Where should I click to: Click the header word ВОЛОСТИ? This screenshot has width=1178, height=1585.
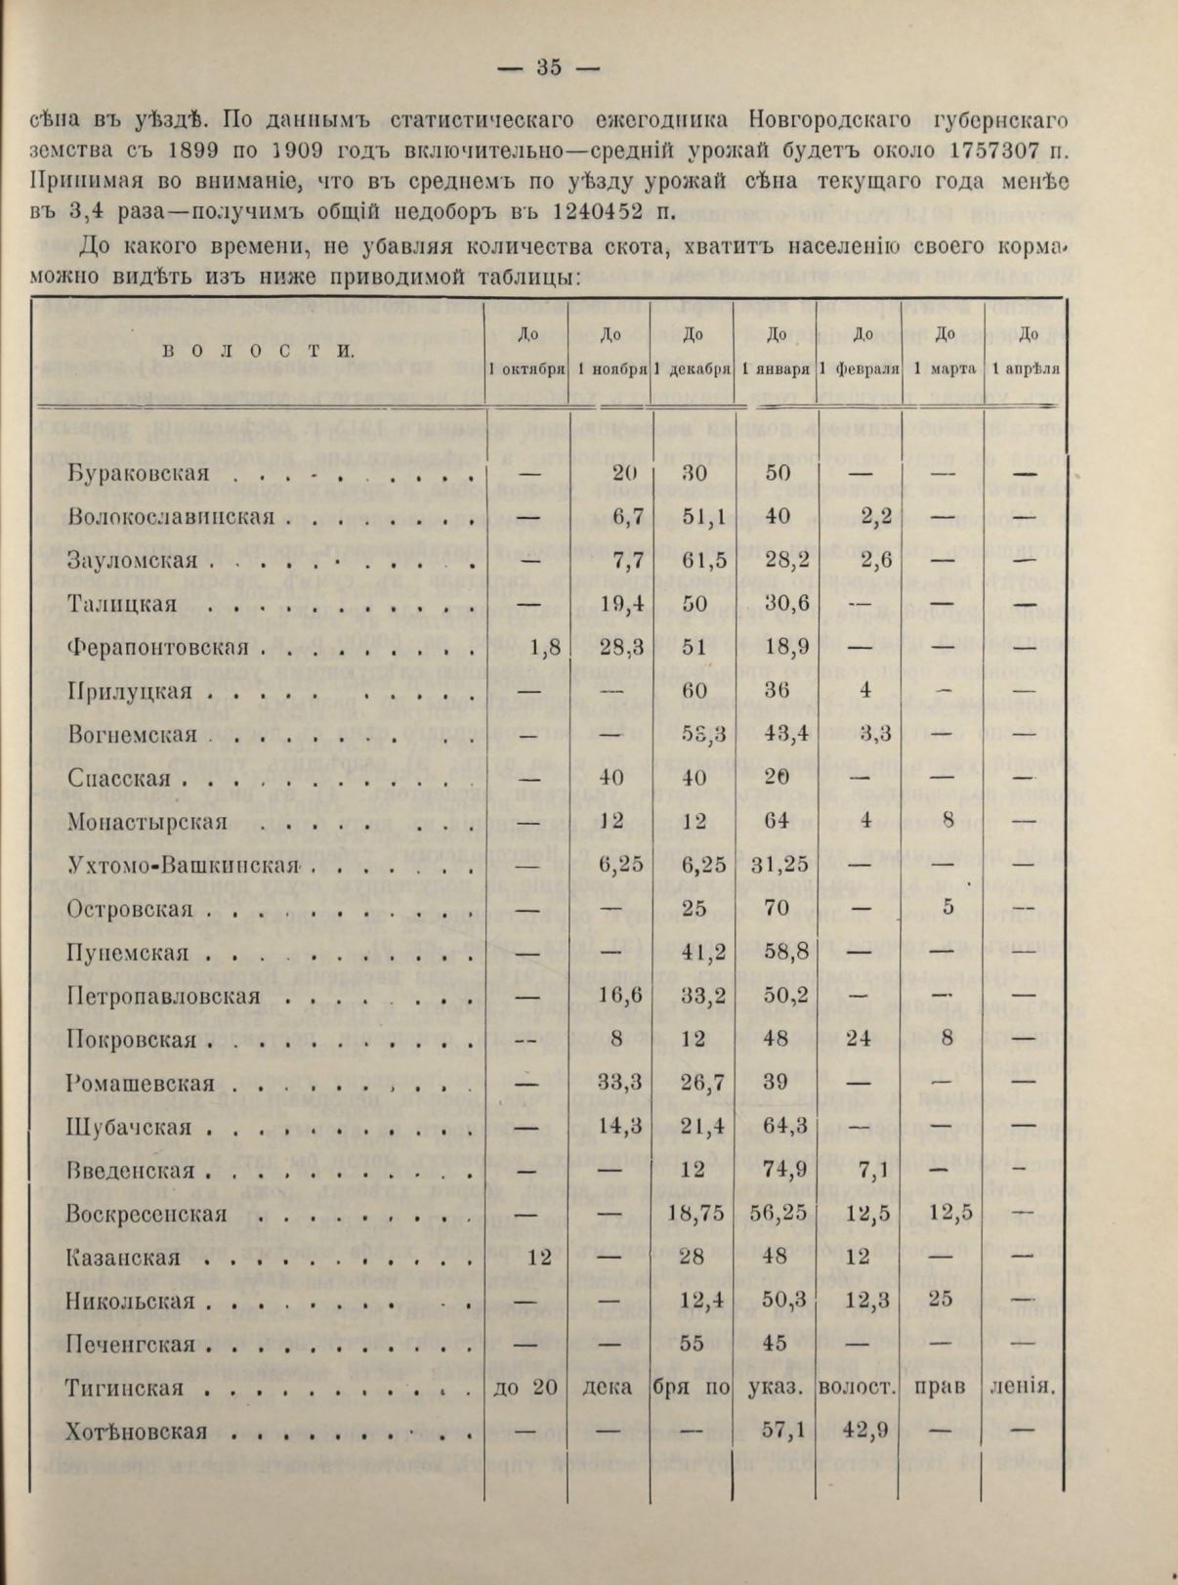click(257, 351)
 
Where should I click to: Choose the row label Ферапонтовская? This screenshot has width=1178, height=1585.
click(160, 647)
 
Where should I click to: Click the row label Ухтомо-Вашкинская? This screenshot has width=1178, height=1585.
click(184, 865)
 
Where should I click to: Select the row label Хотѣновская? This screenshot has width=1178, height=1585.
click(138, 1433)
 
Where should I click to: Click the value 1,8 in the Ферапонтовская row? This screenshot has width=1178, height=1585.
click(544, 647)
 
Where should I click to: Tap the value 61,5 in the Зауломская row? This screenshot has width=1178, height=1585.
click(694, 561)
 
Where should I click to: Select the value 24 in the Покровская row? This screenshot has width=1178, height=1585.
click(859, 1040)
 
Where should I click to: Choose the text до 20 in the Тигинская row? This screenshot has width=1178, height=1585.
click(526, 1389)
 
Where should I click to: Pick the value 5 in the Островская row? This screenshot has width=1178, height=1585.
click(947, 909)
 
